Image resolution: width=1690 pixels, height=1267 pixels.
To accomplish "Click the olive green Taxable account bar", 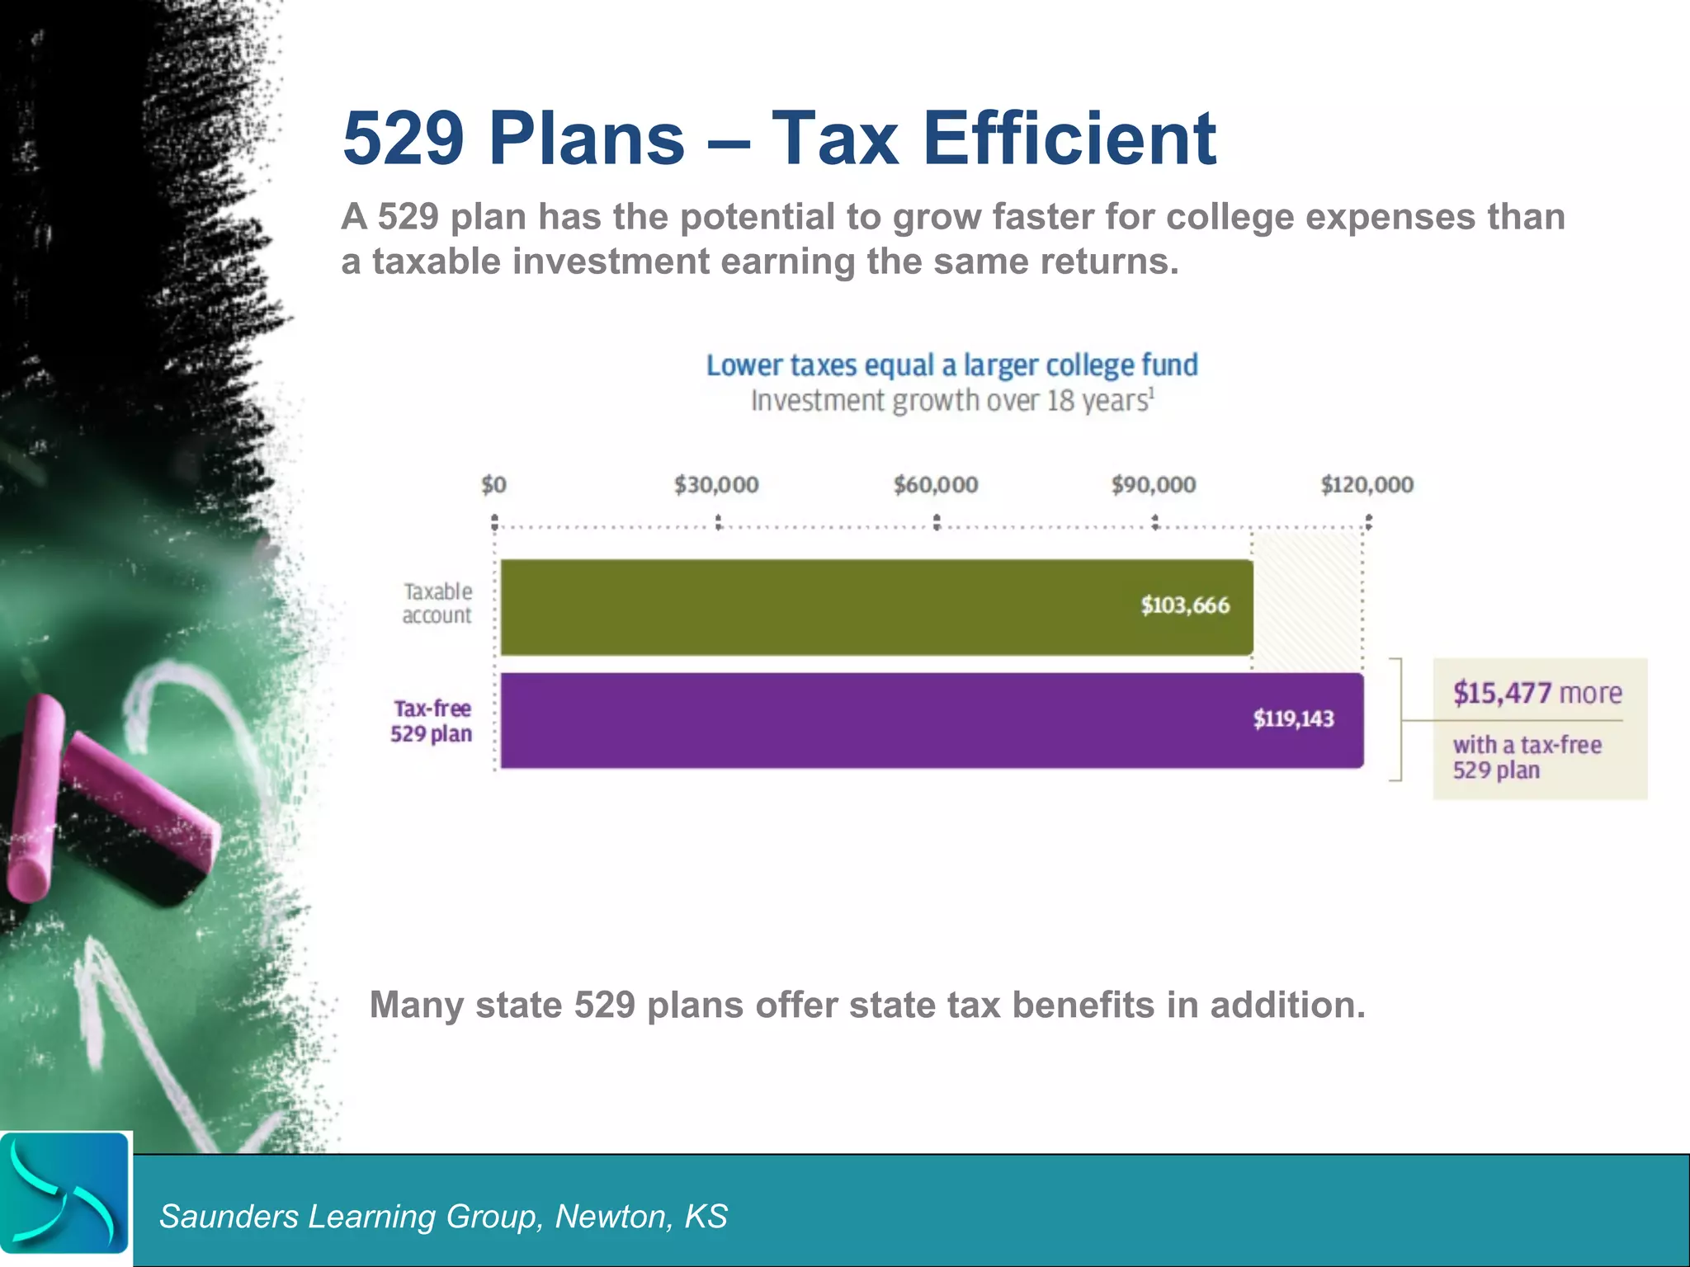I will pyautogui.click(x=825, y=608).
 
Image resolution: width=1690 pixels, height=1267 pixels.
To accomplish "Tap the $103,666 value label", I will pyautogui.click(x=1185, y=605).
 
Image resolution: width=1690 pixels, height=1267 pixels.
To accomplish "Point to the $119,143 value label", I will pyautogui.click(x=1293, y=718).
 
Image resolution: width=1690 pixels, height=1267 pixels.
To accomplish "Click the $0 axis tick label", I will pyautogui.click(x=493, y=484).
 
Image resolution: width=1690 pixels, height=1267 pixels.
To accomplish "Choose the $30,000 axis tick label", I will pyautogui.click(x=716, y=484).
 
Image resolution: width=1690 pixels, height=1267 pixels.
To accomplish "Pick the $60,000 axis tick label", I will pyautogui.click(x=936, y=484).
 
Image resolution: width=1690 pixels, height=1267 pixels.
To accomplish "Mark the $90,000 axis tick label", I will pyautogui.click(x=1154, y=484).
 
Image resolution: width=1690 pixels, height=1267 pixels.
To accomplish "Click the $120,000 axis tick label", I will pyautogui.click(x=1367, y=484).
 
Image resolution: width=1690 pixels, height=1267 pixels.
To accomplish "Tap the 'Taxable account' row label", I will pyautogui.click(x=437, y=603).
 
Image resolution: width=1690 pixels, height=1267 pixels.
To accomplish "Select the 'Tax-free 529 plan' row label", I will pyautogui.click(x=432, y=721).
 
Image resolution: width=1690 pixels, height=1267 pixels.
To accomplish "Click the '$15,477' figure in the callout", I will pyautogui.click(x=1503, y=693).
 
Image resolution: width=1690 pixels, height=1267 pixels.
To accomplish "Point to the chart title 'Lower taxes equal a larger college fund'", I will pyautogui.click(x=951, y=365).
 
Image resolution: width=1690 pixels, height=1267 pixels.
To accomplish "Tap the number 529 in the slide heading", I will pyautogui.click(x=404, y=138).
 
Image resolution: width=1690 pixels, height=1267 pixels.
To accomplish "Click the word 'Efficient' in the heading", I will pyautogui.click(x=1069, y=138).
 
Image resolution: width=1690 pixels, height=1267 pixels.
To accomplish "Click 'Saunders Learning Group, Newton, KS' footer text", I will pyautogui.click(x=443, y=1217).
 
